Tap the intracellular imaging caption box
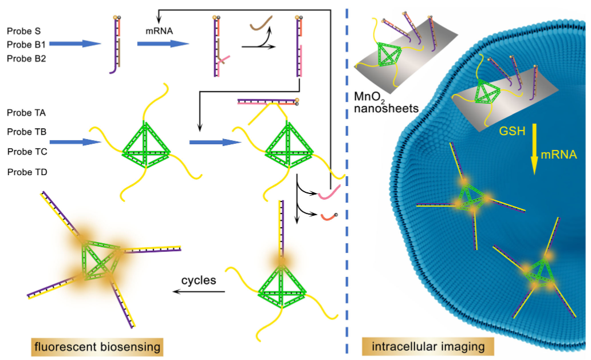(428, 346)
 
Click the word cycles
(199, 280)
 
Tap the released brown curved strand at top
(262, 23)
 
